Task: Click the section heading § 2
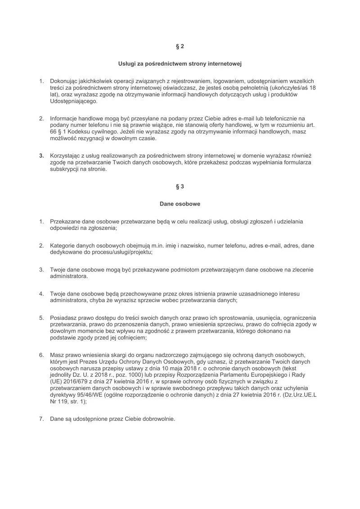click(180, 46)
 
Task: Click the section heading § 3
click(180, 186)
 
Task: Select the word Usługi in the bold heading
click(128, 64)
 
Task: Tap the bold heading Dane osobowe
click(180, 204)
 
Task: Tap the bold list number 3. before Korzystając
click(41, 156)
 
